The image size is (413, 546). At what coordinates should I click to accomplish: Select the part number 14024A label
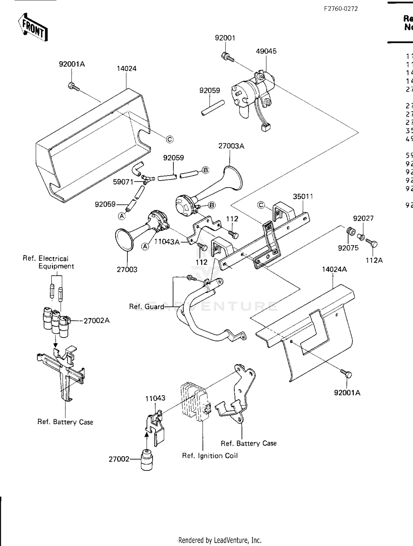pyautogui.click(x=334, y=269)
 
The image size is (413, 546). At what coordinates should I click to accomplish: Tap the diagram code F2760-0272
pyautogui.click(x=341, y=9)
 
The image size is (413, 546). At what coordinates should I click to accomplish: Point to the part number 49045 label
pyautogui.click(x=266, y=51)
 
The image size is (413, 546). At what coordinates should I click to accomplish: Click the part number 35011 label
pyautogui.click(x=303, y=197)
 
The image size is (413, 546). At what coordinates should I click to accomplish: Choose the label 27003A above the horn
pyautogui.click(x=231, y=146)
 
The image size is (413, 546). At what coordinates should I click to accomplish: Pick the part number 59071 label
pyautogui.click(x=123, y=182)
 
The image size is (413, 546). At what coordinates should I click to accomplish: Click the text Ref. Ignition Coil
pyautogui.click(x=210, y=456)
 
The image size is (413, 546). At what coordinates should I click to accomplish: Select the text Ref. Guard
pyautogui.click(x=146, y=306)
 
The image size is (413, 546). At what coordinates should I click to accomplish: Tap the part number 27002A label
pyautogui.click(x=97, y=321)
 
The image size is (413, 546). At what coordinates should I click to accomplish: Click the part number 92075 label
pyautogui.click(x=348, y=248)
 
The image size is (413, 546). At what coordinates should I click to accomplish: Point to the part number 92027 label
pyautogui.click(x=363, y=219)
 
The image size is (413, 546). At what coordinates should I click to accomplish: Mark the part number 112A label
pyautogui.click(x=374, y=260)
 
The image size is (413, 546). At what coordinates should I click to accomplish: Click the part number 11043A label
pyautogui.click(x=167, y=242)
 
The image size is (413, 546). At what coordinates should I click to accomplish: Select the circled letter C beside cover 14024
pyautogui.click(x=170, y=139)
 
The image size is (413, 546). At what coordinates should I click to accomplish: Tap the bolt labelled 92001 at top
pyautogui.click(x=227, y=57)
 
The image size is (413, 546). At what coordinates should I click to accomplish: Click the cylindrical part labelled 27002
pyautogui.click(x=147, y=460)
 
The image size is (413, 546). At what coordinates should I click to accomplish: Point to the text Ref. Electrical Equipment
pyautogui.click(x=48, y=262)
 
